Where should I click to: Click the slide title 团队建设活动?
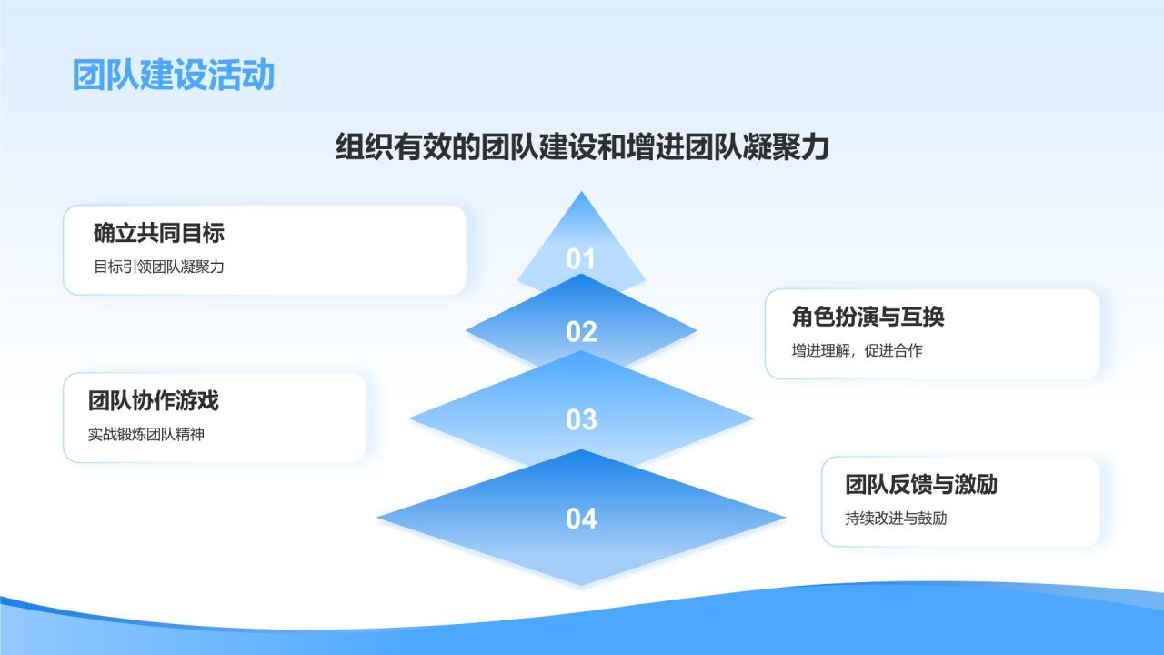[173, 76]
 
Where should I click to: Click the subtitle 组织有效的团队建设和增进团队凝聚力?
[582, 146]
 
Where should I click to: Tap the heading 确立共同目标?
[158, 233]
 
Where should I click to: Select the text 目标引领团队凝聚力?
[158, 267]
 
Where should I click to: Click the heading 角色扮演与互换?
[868, 317]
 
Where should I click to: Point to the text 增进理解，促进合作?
[857, 350]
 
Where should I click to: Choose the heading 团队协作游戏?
[153, 400]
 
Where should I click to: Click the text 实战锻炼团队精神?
[145, 434]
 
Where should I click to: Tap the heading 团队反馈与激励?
[921, 484]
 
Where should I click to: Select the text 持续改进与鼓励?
[896, 518]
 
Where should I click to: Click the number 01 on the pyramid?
[581, 259]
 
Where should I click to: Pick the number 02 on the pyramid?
[581, 332]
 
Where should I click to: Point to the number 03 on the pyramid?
[581, 419]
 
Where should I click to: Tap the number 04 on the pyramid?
[581, 519]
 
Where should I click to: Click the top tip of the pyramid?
[581, 193]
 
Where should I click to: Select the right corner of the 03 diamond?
[751, 419]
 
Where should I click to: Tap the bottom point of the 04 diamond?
[581, 584]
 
